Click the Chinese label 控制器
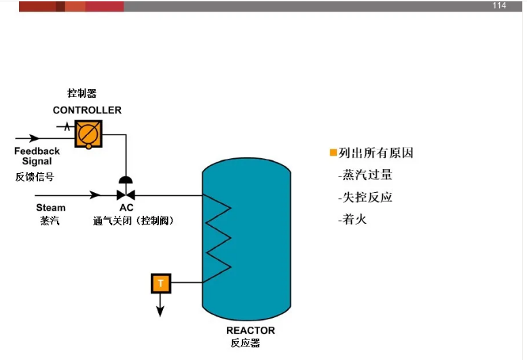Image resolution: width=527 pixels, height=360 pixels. point(81,94)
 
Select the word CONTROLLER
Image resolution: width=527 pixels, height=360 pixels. point(87,110)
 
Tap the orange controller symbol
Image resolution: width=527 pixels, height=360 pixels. point(88,133)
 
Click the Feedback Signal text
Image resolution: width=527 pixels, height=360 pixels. point(37,156)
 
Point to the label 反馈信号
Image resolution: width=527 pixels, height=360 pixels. point(35,177)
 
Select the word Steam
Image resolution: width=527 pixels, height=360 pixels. point(51,208)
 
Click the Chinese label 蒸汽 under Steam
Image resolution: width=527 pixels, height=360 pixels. point(50,221)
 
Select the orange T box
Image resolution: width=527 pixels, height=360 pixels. point(160,283)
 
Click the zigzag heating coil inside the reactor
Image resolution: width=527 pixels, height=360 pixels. point(219,238)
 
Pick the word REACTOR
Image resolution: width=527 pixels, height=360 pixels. point(251,331)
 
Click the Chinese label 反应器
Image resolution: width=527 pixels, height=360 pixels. point(245,344)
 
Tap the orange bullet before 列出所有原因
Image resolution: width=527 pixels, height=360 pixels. point(333,153)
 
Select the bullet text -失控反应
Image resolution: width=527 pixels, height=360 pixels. point(365,198)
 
